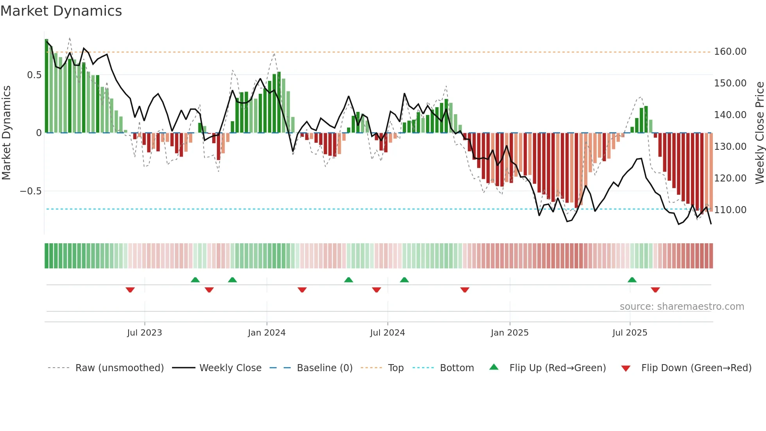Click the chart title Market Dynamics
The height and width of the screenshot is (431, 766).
[61, 11]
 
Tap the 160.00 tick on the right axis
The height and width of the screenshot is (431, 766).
[730, 52]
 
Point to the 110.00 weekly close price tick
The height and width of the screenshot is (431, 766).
[730, 210]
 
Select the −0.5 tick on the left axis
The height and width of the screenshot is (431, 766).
[30, 191]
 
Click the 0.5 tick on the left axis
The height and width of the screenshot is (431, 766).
[34, 75]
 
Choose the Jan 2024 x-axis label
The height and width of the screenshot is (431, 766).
[267, 333]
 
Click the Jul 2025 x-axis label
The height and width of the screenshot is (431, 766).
[630, 333]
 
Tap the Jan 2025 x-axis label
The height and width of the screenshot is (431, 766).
[510, 333]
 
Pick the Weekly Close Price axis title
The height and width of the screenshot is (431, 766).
[759, 133]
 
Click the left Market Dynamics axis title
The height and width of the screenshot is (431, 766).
[7, 133]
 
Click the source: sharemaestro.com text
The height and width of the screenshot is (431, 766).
[682, 307]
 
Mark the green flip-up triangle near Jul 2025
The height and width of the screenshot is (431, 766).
[632, 280]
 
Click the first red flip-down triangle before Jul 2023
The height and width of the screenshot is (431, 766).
[130, 290]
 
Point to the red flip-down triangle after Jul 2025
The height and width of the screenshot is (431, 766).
[655, 290]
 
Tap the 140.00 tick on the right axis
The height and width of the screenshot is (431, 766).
[730, 115]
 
